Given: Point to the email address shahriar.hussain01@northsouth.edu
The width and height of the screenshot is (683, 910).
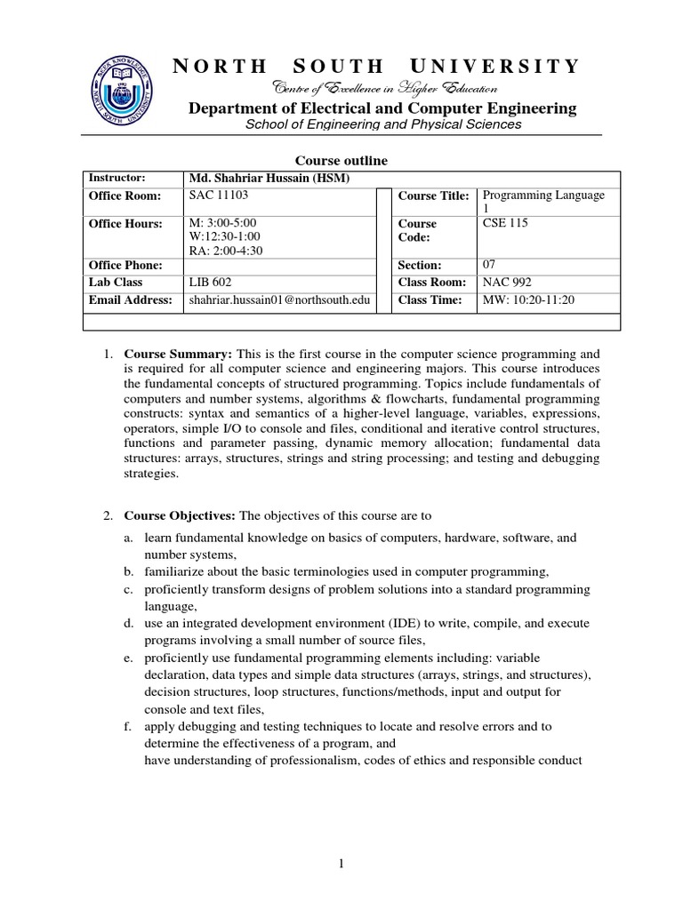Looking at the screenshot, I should [x=279, y=301].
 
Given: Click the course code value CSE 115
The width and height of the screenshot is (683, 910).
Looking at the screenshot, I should [x=504, y=223].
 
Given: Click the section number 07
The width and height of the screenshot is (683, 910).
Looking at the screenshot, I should [x=488, y=265].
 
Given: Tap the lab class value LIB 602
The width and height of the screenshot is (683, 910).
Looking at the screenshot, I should [x=211, y=283].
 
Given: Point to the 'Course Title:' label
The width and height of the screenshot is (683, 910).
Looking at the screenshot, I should [x=433, y=196].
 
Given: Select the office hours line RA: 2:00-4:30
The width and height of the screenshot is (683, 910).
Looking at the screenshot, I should [x=226, y=250].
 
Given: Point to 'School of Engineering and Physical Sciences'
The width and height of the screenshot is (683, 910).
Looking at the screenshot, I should [x=383, y=124].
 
